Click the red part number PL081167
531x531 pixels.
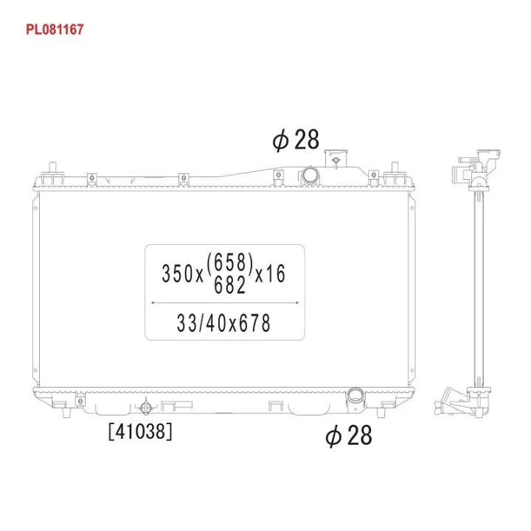pyautogui.click(x=55, y=29)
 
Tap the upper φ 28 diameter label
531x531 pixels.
pyautogui.click(x=296, y=139)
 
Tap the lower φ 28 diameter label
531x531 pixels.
pyautogui.click(x=348, y=436)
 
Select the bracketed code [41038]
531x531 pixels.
pyautogui.click(x=140, y=431)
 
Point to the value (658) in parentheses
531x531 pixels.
pyautogui.click(x=229, y=263)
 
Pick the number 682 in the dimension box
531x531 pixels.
pyautogui.click(x=229, y=285)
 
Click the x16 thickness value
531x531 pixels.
pyautogui.click(x=270, y=274)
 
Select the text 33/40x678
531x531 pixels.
pyautogui.click(x=223, y=323)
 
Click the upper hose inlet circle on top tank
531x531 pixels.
pyautogui.click(x=310, y=175)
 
